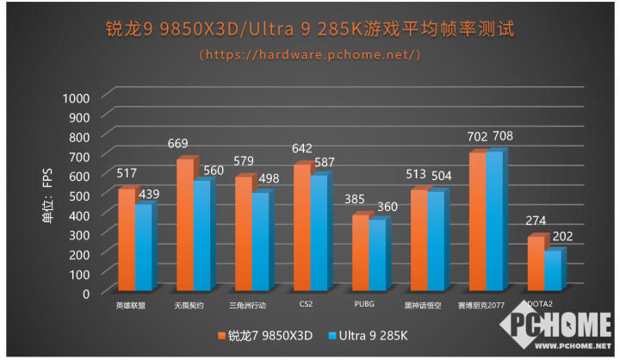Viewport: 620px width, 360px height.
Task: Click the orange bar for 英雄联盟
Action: pos(126,240)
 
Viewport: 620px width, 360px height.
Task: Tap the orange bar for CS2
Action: pos(301,227)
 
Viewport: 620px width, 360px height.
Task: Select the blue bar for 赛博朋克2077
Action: pos(493,221)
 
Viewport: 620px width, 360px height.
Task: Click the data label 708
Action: pos(501,136)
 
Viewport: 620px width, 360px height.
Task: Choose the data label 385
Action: pos(356,200)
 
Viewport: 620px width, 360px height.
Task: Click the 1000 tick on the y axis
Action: pos(76,96)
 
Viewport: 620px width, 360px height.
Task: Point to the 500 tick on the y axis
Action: pos(79,195)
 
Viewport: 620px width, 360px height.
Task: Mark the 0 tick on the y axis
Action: pos(85,293)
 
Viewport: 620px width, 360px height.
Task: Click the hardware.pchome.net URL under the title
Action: pos(310,54)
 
